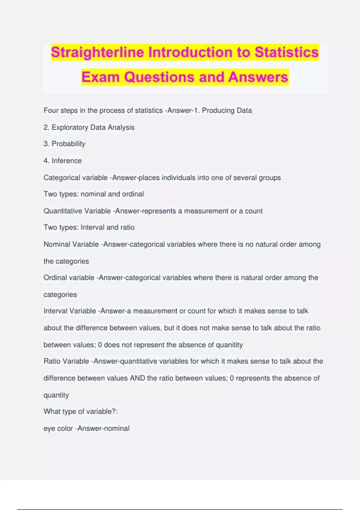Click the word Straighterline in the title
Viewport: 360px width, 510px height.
[x=97, y=52]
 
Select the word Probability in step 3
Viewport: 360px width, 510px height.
[x=68, y=144]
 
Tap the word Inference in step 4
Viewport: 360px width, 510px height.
[x=67, y=160]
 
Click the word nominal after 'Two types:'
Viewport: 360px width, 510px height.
[x=93, y=194]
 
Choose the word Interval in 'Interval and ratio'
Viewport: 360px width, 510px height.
[x=92, y=227]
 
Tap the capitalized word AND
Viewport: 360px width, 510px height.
[x=137, y=378]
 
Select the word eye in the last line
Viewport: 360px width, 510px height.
[x=49, y=428]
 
